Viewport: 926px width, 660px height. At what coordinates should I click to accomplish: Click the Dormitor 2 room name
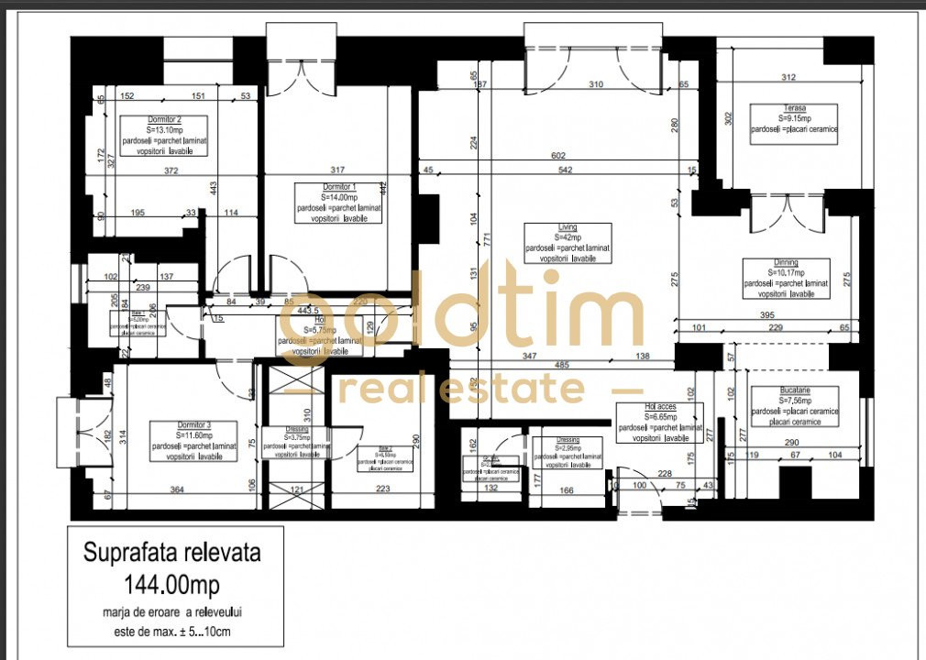coord(164,120)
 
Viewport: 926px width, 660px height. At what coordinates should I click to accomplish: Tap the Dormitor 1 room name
coord(338,187)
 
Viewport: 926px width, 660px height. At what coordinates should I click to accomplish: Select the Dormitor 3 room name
coord(193,425)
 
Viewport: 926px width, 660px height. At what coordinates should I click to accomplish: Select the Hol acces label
coord(660,406)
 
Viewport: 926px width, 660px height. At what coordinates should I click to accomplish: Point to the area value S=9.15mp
coord(794,119)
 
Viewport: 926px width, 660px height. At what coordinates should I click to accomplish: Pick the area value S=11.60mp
coord(193,435)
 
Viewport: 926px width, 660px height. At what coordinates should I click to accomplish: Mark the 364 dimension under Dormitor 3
coord(176,490)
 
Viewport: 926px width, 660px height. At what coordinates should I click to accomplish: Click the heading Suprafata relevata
coord(172,554)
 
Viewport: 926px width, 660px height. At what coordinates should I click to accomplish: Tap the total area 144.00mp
coord(172,583)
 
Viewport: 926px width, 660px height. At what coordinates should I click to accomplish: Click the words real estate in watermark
coord(462,390)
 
